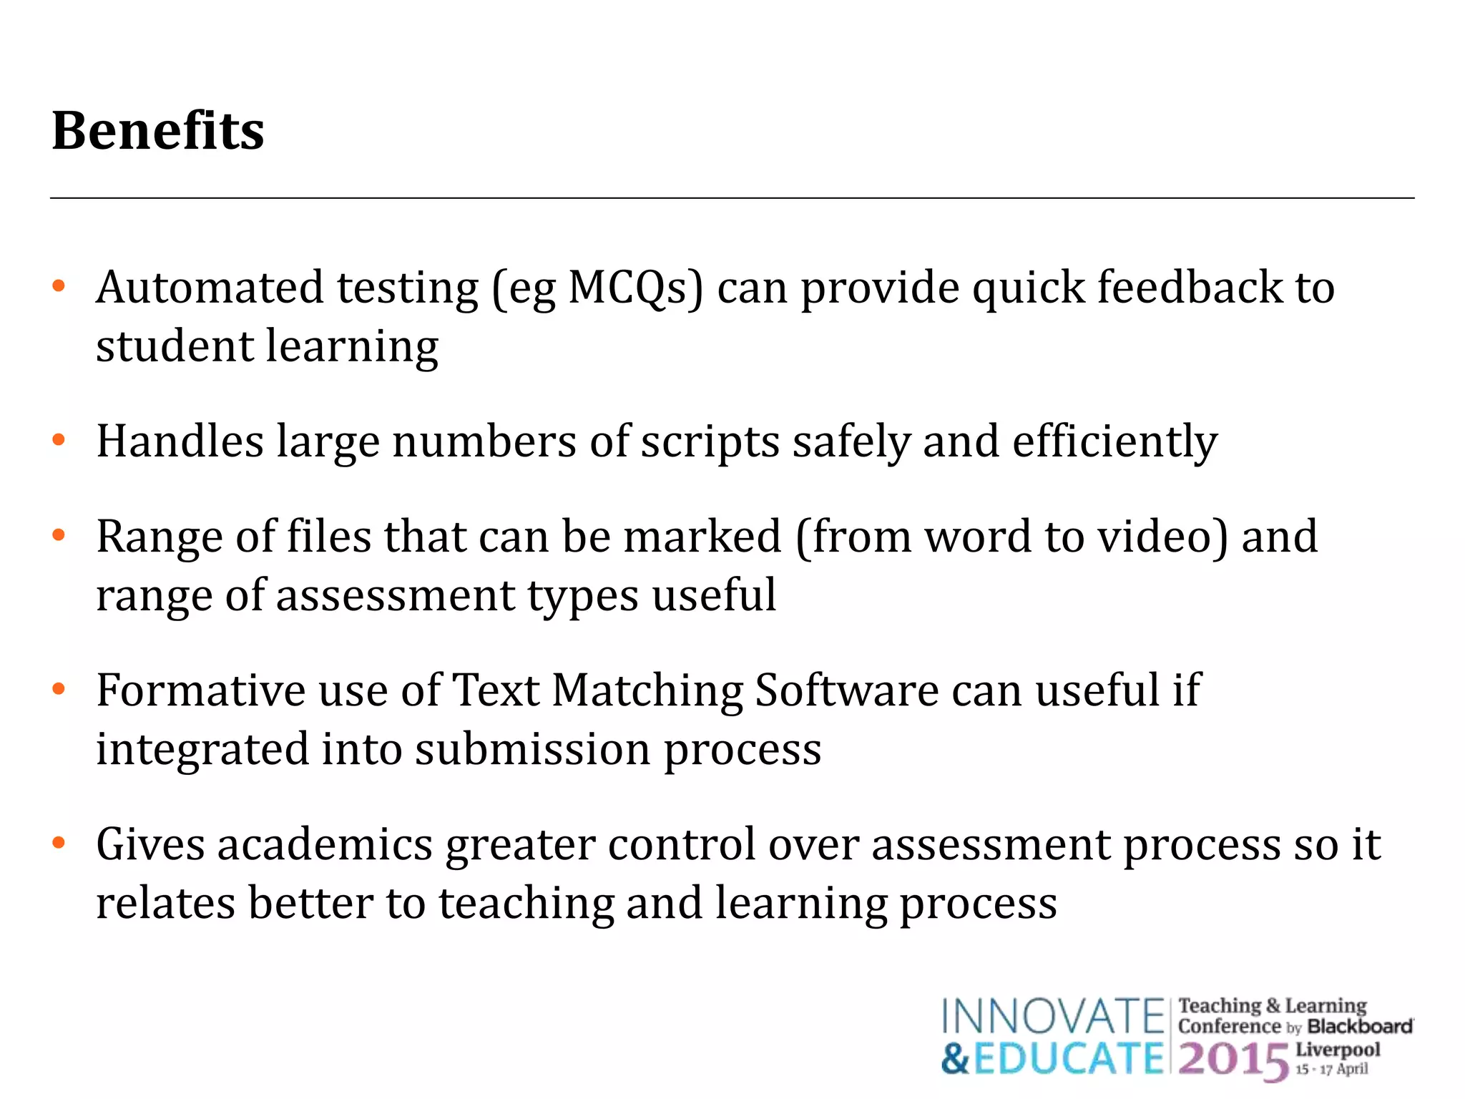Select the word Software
pos(847,690)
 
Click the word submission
pos(533,750)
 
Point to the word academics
pos(325,844)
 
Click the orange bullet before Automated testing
pos(59,287)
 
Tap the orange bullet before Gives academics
pos(59,844)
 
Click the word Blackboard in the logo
pos(1359,1027)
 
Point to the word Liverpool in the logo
pos(1338,1050)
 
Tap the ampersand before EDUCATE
pos(956,1059)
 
